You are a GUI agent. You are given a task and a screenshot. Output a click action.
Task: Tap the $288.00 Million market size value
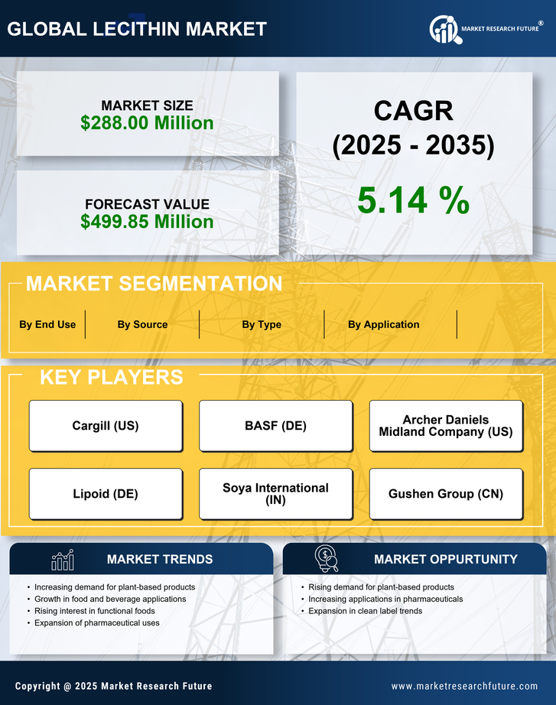(147, 122)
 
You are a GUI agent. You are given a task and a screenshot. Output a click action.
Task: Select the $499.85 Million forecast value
(147, 222)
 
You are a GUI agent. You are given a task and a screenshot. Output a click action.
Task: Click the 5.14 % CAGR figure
(413, 200)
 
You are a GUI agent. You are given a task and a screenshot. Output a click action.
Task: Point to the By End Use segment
(47, 324)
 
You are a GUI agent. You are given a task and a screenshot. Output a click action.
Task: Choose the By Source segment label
(142, 324)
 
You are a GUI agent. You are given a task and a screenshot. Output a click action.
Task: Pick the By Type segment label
(262, 324)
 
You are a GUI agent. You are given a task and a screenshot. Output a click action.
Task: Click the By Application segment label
(383, 324)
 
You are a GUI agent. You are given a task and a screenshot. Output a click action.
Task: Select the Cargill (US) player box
(106, 426)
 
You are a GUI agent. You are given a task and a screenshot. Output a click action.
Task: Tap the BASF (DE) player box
(275, 426)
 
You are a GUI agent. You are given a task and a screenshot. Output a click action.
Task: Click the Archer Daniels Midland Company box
(446, 426)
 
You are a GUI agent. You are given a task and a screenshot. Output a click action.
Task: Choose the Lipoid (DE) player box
(106, 494)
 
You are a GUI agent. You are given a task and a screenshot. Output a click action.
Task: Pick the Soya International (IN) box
(275, 494)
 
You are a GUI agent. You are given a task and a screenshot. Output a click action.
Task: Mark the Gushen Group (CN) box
(446, 494)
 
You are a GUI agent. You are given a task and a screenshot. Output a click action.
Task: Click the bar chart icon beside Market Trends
(63, 560)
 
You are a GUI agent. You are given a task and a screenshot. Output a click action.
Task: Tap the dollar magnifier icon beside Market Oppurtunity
(327, 559)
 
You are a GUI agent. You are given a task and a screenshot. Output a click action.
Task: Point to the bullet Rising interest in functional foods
(95, 611)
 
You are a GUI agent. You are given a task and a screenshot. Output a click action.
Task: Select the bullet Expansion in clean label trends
(365, 611)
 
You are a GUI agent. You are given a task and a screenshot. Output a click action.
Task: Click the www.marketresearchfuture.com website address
(464, 686)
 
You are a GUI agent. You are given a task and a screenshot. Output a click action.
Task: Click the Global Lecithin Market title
(137, 29)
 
